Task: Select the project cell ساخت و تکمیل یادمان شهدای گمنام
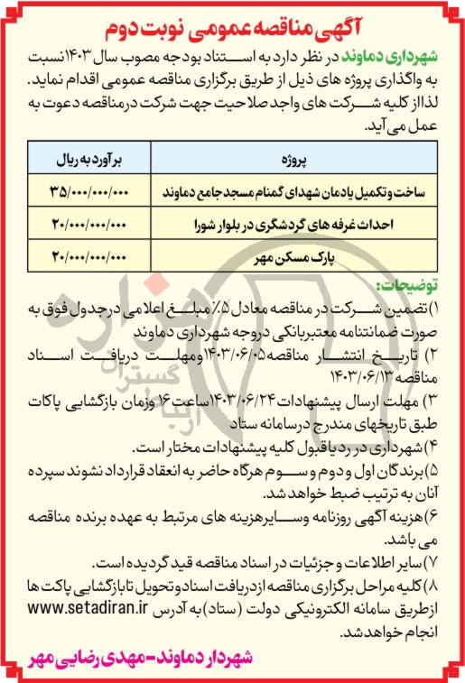point(288,192)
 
